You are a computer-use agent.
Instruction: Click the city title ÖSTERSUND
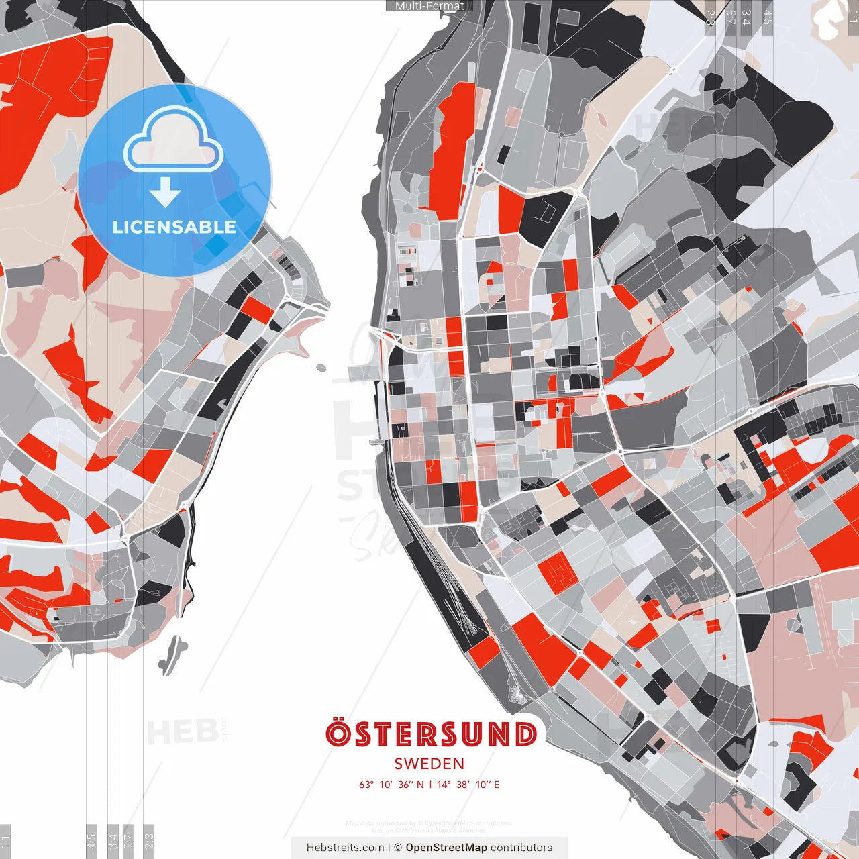coord(431,734)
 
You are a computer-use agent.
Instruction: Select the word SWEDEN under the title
coord(429,764)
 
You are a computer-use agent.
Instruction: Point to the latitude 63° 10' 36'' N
coord(391,785)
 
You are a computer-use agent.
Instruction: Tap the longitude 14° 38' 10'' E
coord(468,785)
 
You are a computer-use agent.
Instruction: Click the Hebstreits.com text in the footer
coord(345,848)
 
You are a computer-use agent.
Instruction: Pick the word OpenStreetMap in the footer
coord(446,848)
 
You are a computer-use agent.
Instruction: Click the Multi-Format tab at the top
coord(429,6)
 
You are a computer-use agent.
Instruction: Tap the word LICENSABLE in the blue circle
coord(174,227)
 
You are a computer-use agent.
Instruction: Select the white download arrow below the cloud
coord(165,193)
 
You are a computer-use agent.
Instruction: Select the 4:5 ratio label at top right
coord(768,17)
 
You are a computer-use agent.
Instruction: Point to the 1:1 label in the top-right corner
coord(853,17)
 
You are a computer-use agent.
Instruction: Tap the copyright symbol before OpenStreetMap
coord(398,848)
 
